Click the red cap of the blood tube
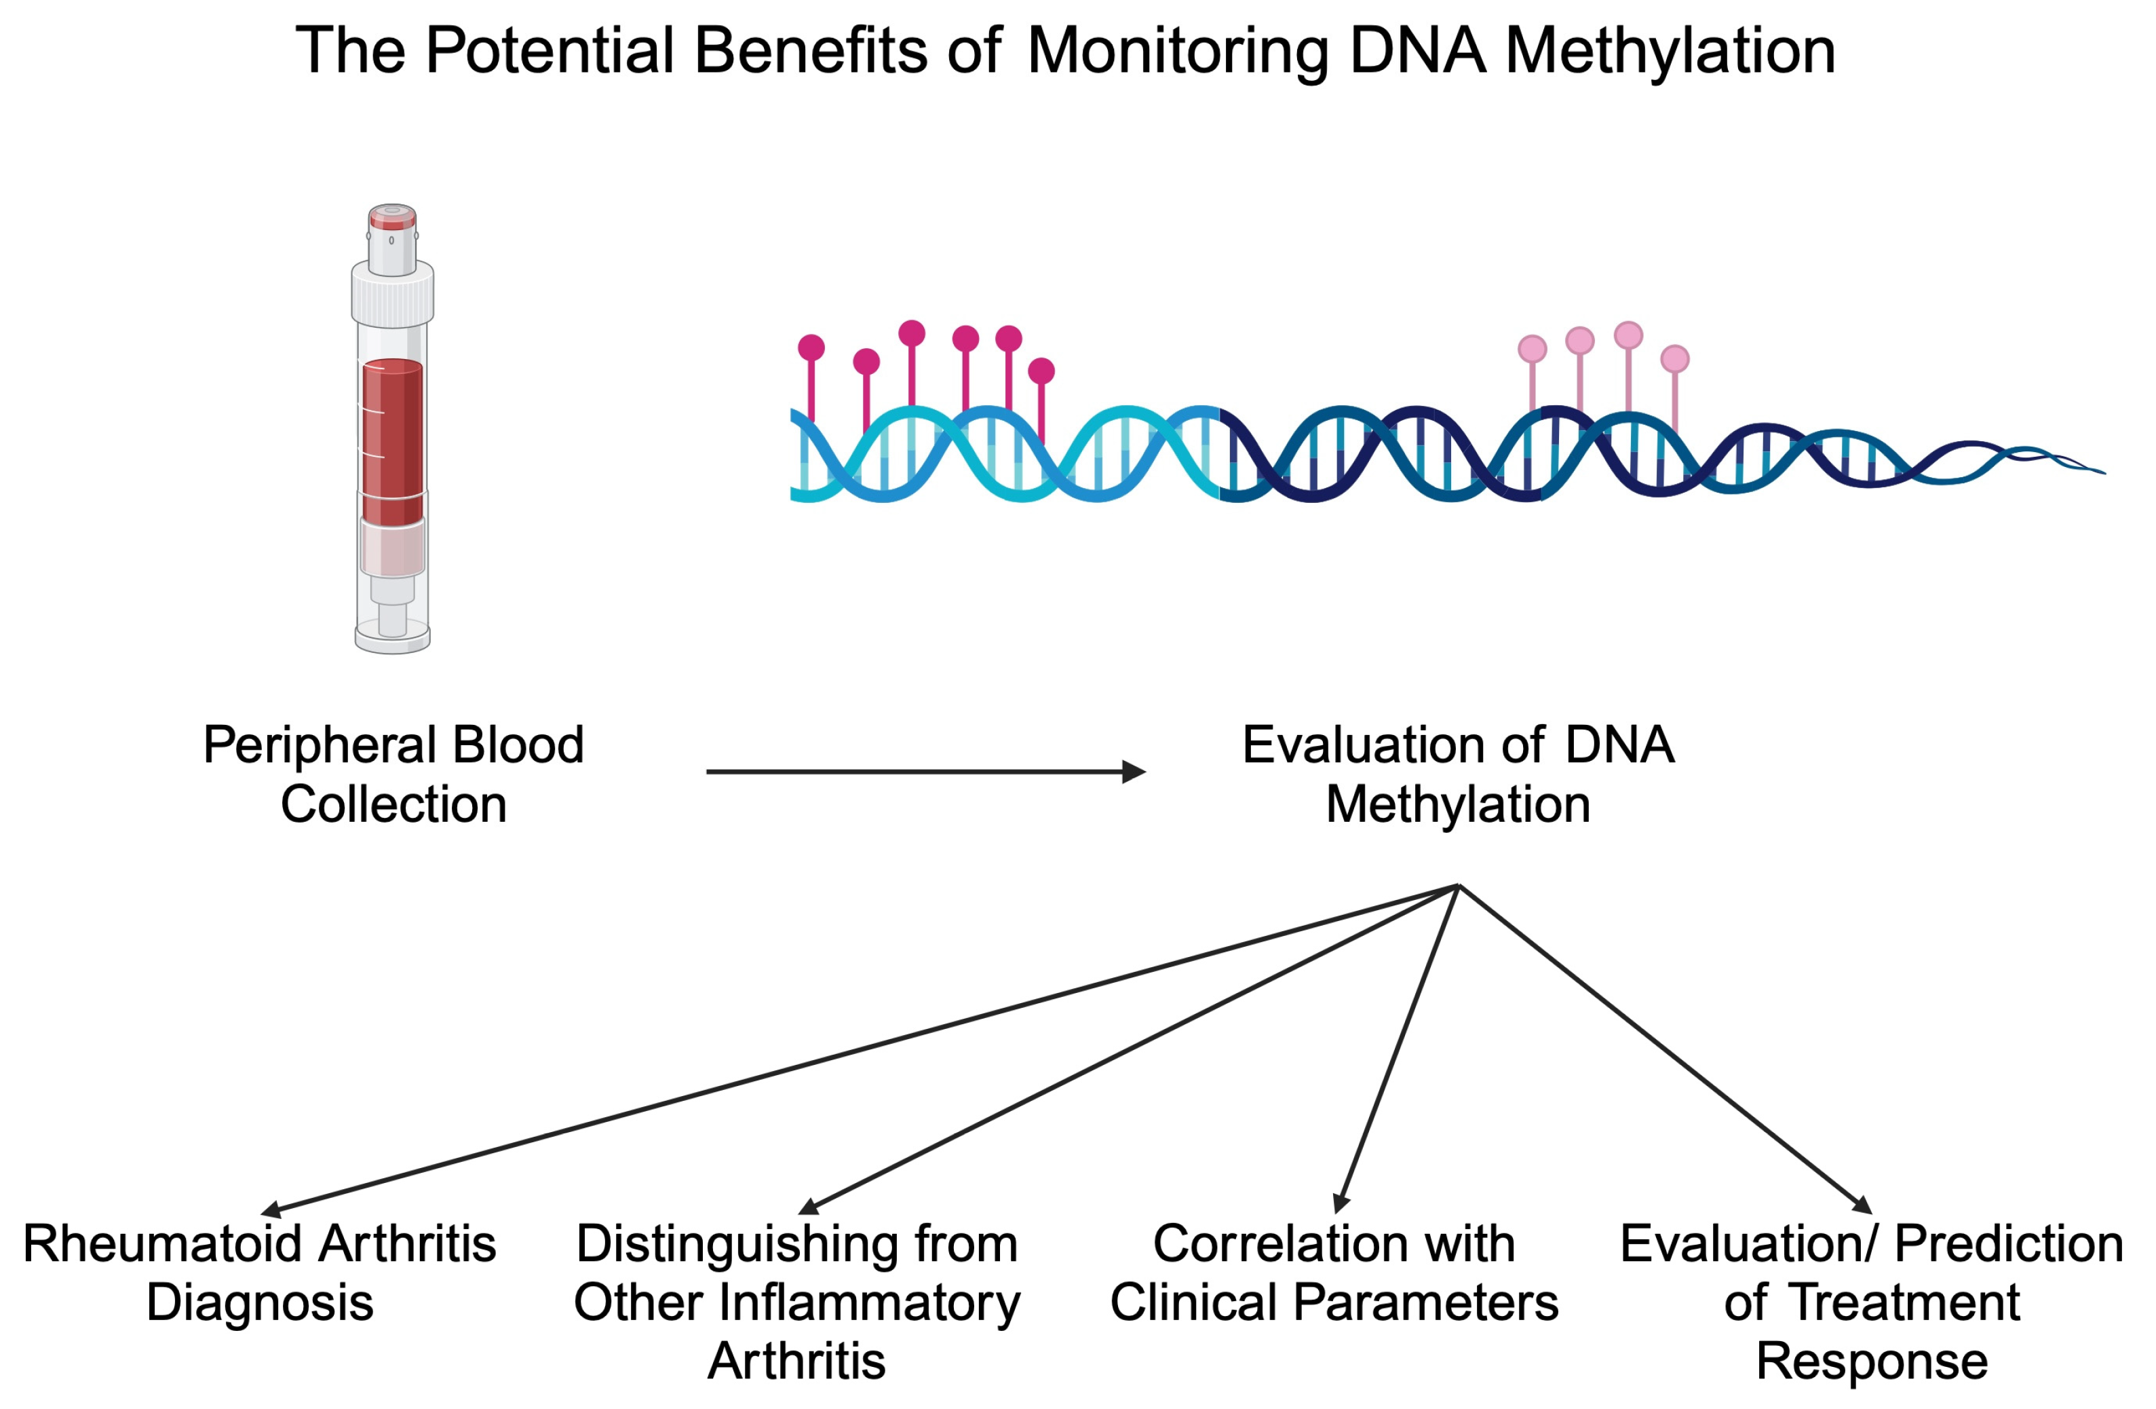392,217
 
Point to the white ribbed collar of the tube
392,295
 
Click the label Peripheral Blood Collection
393,774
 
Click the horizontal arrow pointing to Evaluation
924,771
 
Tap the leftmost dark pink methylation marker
811,347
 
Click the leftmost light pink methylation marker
1532,349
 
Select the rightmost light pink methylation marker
1674,359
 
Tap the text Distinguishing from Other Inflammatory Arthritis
796,1301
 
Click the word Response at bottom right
1872,1360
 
